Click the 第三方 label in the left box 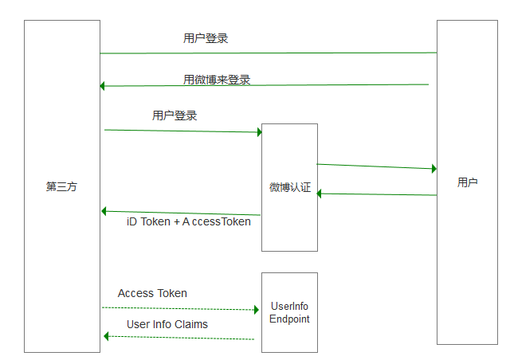point(61,186)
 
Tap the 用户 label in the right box point(468,182)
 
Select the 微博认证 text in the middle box point(289,187)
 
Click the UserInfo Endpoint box point(289,311)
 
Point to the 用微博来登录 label point(217,80)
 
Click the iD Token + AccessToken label point(189,221)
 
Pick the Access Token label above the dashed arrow point(152,293)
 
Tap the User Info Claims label point(167,324)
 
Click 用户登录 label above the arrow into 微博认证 point(175,115)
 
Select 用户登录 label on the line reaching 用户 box point(206,38)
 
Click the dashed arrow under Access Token point(179,308)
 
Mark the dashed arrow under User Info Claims point(179,338)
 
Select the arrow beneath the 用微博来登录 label point(263,85)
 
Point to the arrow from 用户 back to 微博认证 point(376,194)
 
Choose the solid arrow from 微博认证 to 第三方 point(182,213)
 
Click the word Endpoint point(289,319)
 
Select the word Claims point(190,324)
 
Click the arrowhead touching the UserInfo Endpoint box point(257,310)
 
